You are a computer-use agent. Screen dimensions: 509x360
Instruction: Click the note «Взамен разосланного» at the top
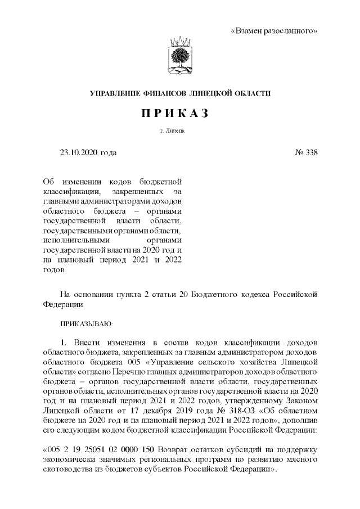pos(274,30)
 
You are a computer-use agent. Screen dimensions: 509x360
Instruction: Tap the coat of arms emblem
pos(180,58)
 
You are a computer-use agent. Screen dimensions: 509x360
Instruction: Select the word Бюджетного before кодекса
pos(217,294)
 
